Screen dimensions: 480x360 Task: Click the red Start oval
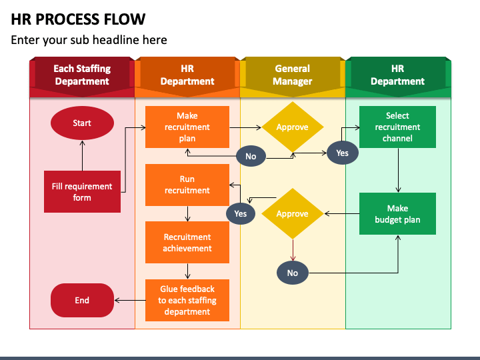82,123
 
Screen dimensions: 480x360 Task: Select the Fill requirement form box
82,191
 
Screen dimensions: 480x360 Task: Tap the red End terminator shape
82,300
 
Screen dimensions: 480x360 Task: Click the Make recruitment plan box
187,127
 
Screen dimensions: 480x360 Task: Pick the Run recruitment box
187,185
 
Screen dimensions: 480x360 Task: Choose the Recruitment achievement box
187,243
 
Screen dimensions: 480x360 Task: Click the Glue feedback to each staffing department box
187,300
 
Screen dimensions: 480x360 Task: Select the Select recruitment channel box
397,127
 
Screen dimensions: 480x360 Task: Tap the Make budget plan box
397,214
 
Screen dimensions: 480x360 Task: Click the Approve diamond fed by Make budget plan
293,214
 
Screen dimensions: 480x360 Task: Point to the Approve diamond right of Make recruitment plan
293,127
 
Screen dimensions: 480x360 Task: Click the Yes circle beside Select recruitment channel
342,153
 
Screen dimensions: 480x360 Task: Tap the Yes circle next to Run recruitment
241,213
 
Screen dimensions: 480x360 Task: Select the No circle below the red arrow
293,273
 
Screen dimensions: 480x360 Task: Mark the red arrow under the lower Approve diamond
293,250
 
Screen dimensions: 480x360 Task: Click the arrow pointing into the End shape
130,300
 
